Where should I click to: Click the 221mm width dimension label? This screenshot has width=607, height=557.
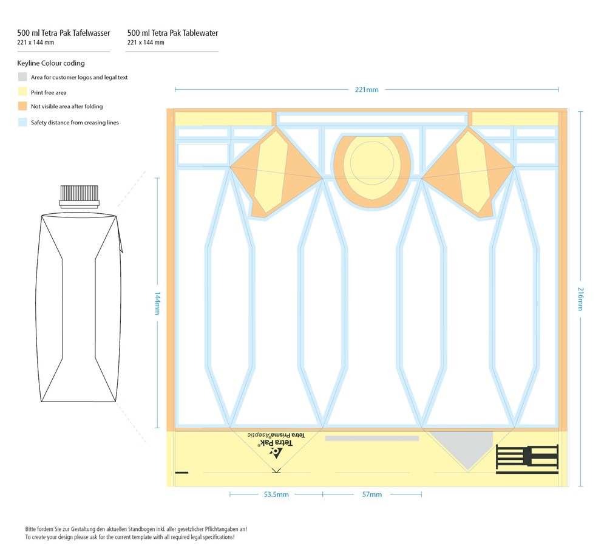pyautogui.click(x=367, y=90)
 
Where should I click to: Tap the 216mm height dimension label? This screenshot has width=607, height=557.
pyautogui.click(x=580, y=299)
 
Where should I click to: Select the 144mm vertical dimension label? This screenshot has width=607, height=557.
pyautogui.click(x=158, y=303)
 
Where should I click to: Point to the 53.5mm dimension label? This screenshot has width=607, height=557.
pyautogui.click(x=276, y=494)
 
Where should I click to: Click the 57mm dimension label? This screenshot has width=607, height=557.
pyautogui.click(x=371, y=494)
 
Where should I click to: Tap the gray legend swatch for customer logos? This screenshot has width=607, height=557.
pyautogui.click(x=22, y=77)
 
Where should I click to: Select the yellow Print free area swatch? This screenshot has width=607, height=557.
pyautogui.click(x=22, y=92)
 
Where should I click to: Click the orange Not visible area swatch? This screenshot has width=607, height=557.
pyautogui.click(x=22, y=106)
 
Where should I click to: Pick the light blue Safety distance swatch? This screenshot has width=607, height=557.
pyautogui.click(x=22, y=122)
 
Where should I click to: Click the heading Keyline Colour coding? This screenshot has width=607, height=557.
pyautogui.click(x=51, y=63)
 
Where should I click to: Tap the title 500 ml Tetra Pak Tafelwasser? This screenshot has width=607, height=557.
pyautogui.click(x=64, y=33)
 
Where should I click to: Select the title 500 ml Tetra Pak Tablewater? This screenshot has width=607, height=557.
pyautogui.click(x=172, y=33)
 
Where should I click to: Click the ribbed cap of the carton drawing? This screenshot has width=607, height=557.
pyautogui.click(x=80, y=193)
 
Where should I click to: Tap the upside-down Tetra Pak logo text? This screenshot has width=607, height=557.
pyautogui.click(x=276, y=443)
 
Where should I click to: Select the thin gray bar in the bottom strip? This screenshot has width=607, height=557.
pyautogui.click(x=371, y=439)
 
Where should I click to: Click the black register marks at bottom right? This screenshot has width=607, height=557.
pyautogui.click(x=527, y=459)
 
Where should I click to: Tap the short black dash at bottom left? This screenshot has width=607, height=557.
pyautogui.click(x=181, y=473)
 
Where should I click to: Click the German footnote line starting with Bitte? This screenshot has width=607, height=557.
pyautogui.click(x=136, y=529)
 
